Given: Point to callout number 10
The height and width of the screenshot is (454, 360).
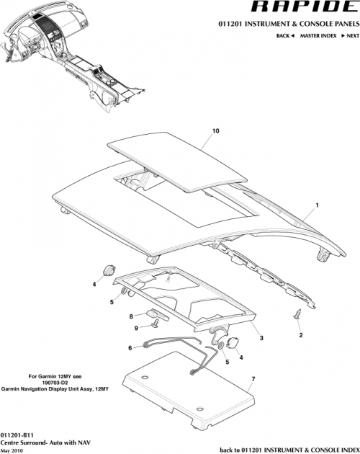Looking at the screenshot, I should coord(215,132).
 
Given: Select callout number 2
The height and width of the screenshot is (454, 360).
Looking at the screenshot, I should coord(301,336).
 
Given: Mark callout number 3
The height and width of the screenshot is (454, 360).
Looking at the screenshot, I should coord(261,337).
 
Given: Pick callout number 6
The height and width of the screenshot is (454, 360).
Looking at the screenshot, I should coord(130,347).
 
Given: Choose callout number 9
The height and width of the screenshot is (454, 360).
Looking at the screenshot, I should coord(135,328).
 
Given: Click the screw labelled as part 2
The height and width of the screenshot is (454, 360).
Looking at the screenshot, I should coord(297,314).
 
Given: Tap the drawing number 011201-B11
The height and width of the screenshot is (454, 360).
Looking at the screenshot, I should coord(17,436).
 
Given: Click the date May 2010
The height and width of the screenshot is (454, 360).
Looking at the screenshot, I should coord(12,450).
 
